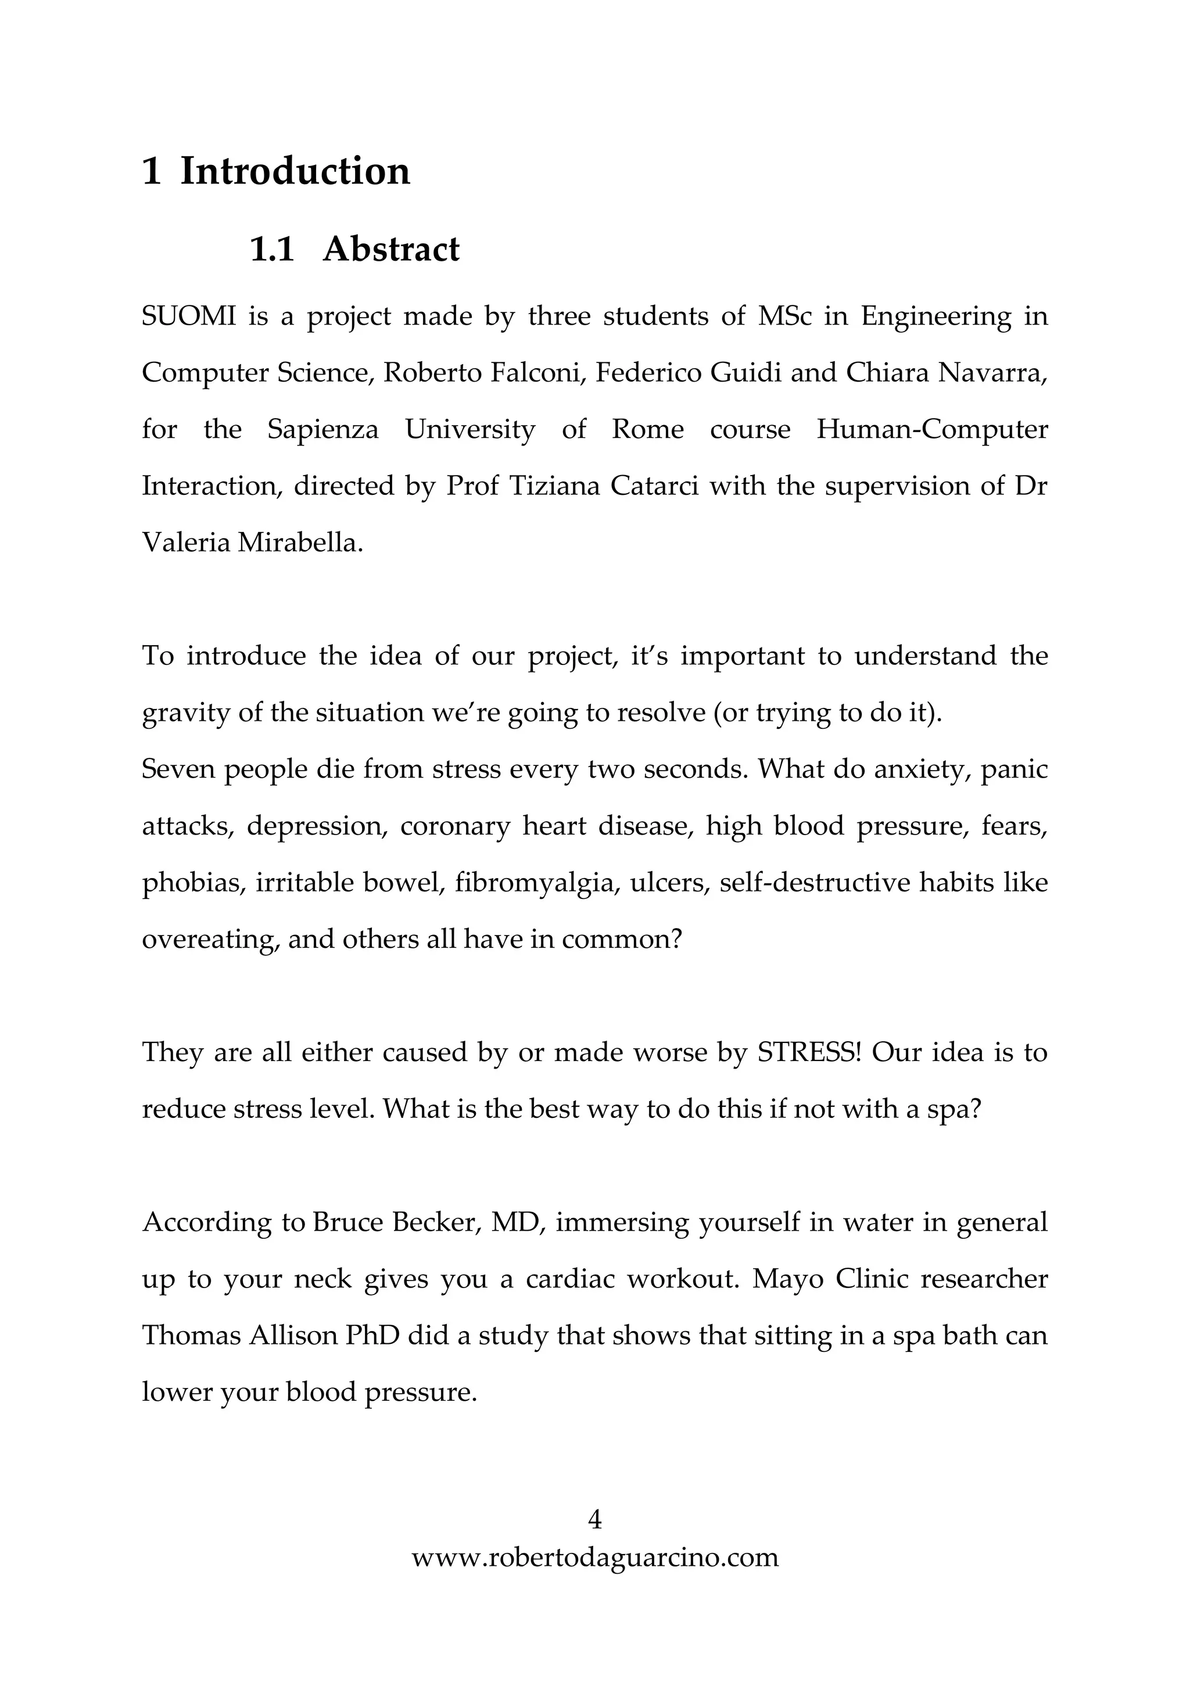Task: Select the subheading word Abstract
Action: (391, 249)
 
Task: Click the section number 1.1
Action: (272, 249)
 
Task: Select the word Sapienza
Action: (322, 430)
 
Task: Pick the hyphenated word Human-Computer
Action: (932, 430)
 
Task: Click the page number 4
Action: (594, 1520)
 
